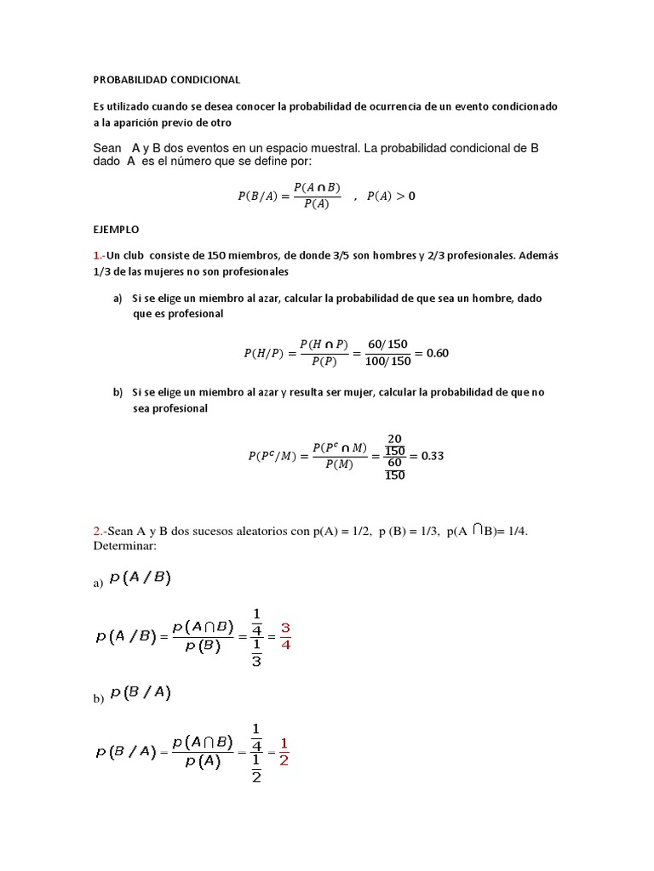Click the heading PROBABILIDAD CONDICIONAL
point(167,80)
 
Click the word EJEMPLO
point(115,230)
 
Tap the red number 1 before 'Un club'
point(96,256)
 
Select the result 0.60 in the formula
point(437,353)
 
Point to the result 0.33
point(433,456)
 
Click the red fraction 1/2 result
point(284,752)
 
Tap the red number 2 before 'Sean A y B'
point(96,532)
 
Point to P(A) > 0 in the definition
point(391,196)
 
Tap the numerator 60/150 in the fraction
point(387,344)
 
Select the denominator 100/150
point(387,361)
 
